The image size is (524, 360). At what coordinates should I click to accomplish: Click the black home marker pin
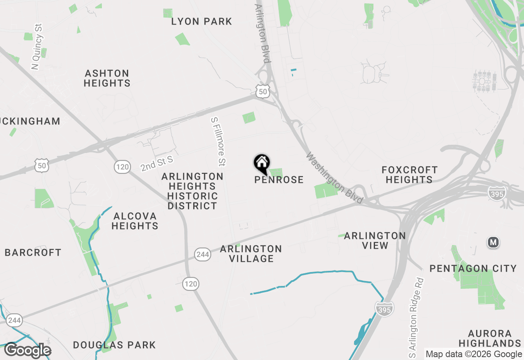pos(262,163)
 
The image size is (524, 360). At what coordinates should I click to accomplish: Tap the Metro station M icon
pos(493,242)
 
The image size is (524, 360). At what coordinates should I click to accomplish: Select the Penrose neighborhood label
pos(279,180)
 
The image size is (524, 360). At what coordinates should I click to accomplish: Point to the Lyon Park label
pos(201,21)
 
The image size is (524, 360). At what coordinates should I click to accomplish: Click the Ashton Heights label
pos(107,78)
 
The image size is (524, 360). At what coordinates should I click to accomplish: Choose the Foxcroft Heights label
pos(409,175)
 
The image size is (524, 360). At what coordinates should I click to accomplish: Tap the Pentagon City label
pos(473,268)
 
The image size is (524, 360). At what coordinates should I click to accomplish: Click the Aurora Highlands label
pos(490,338)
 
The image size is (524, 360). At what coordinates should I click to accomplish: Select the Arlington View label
pos(375,241)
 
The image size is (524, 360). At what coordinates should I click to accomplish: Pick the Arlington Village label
pos(251,254)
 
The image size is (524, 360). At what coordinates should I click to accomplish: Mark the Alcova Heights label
pos(135,221)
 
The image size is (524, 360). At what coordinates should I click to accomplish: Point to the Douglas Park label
pos(114,345)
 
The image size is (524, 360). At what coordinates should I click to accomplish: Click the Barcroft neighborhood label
pos(33,252)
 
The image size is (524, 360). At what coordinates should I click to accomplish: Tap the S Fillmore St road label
pos(218,142)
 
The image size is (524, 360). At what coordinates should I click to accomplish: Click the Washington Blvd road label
pos(334,178)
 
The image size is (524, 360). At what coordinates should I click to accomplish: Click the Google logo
pos(27,351)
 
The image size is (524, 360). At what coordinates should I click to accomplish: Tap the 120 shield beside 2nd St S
pos(122,166)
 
